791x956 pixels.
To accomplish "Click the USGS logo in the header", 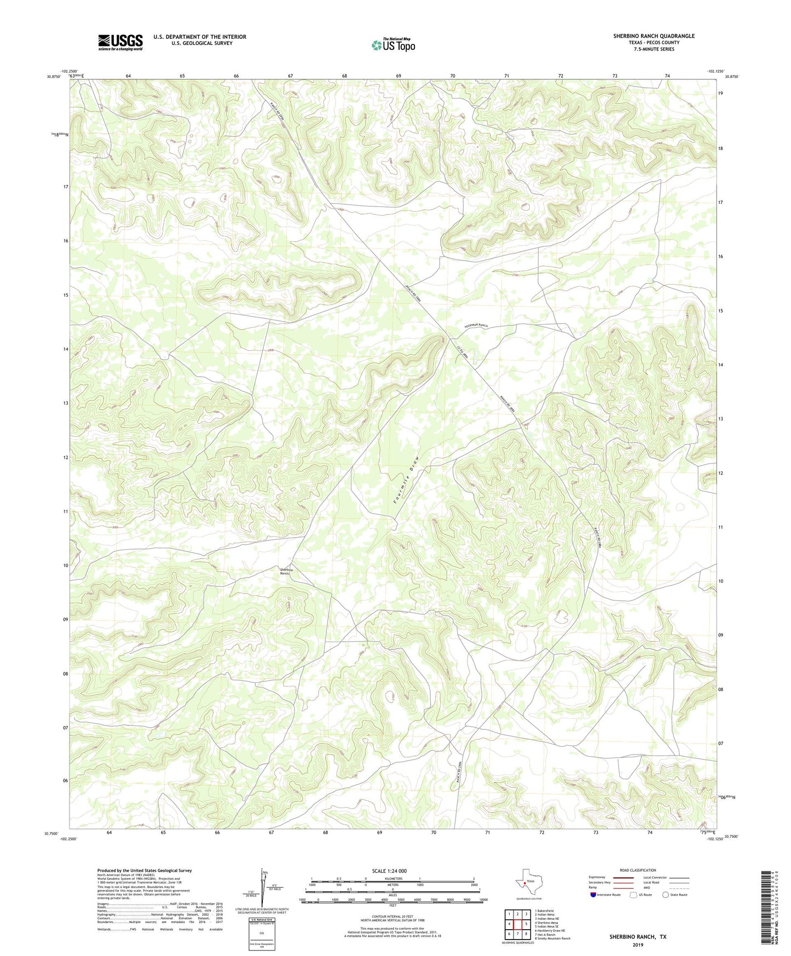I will [120, 42].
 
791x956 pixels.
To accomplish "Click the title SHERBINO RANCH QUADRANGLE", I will [654, 36].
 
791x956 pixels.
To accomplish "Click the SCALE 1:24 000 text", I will [389, 871].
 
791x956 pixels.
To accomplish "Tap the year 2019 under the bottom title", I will [638, 945].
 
